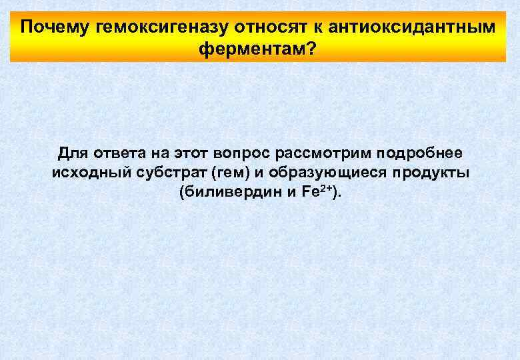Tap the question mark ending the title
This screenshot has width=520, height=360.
point(311,49)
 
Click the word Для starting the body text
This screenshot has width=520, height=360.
point(71,153)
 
